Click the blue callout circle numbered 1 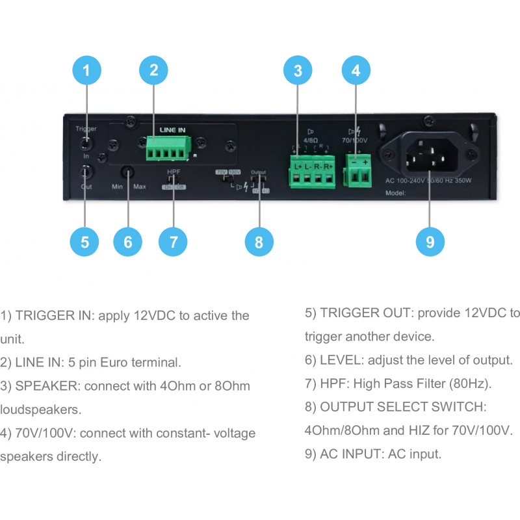coord(86,71)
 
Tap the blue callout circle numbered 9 coord(430,242)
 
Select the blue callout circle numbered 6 coord(127,242)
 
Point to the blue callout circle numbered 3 coord(298,71)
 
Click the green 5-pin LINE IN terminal coord(164,149)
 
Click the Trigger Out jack coord(86,172)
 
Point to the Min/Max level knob coord(127,173)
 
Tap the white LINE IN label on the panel coord(172,130)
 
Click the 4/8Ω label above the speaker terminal coord(311,139)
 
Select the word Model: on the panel coord(395,193)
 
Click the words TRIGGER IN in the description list coord(53,316)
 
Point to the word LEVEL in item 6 coord(338,360)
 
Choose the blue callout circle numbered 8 coord(259,242)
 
